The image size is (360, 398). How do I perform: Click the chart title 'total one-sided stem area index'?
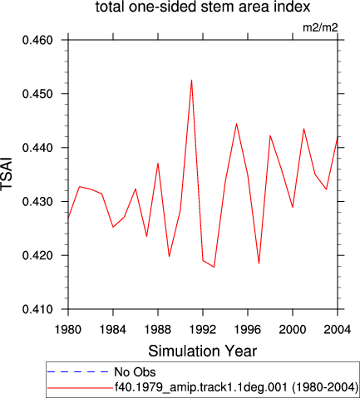click(203, 7)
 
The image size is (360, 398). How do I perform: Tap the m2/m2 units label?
click(320, 27)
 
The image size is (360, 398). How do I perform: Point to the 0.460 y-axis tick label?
click(37, 40)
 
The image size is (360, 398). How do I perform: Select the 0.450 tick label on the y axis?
click(37, 94)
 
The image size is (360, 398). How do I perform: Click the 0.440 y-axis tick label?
click(37, 148)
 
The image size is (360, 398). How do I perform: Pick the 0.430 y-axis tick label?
click(37, 201)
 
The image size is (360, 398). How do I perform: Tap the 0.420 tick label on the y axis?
click(37, 255)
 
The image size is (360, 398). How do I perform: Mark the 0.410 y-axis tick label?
click(37, 309)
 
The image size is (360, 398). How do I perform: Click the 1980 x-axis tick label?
click(68, 330)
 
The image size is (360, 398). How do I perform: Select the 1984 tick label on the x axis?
click(113, 330)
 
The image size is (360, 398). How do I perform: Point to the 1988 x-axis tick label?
click(158, 330)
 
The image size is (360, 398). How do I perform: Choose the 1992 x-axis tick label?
click(203, 330)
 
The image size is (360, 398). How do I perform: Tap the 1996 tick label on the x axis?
click(248, 330)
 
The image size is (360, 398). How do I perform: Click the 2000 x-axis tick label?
click(293, 330)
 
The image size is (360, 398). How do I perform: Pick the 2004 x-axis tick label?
click(338, 330)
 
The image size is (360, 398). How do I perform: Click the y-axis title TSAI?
click(7, 174)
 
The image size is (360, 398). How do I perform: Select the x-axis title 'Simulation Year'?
click(203, 351)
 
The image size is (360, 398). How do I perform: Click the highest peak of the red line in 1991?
click(191, 81)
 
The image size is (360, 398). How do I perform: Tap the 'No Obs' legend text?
click(135, 372)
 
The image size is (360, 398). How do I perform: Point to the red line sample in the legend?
click(80, 388)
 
